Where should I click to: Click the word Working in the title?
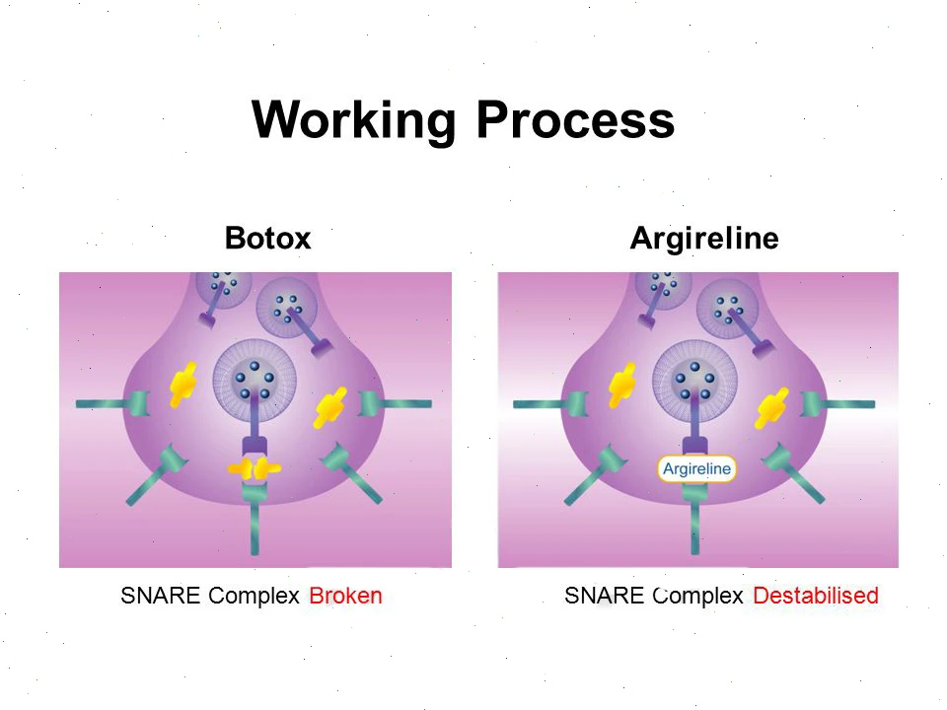tap(353, 121)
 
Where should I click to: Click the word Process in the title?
tap(575, 119)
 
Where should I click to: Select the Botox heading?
tap(267, 238)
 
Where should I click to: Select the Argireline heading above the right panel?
tap(704, 239)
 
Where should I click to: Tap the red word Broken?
tap(345, 596)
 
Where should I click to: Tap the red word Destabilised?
tap(816, 596)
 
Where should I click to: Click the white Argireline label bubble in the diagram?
tap(697, 468)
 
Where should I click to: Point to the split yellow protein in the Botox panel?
tap(255, 468)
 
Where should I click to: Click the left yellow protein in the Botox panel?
tap(182, 385)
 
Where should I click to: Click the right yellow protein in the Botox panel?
tap(330, 407)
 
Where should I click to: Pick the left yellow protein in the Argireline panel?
tap(622, 386)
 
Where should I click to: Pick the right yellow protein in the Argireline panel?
tap(772, 408)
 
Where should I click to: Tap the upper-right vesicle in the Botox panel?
tap(287, 308)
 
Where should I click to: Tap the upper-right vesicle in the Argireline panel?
tap(727, 309)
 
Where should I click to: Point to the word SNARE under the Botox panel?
tap(160, 596)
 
